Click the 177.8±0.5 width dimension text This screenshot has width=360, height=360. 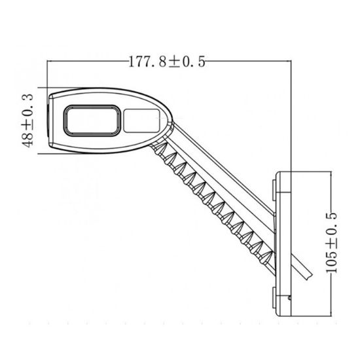point(168,62)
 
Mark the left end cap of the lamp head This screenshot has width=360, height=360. point(50,120)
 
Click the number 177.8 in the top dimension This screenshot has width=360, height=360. point(148,62)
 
